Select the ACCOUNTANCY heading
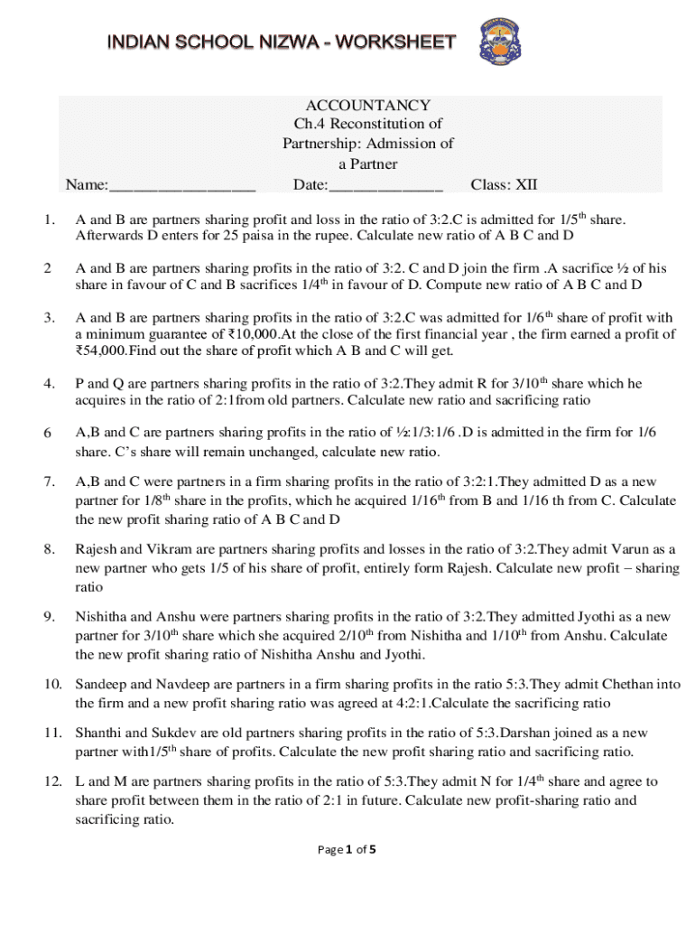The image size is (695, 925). point(367,105)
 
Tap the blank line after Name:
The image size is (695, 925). point(182,187)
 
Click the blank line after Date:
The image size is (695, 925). point(386,187)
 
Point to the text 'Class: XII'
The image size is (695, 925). point(504,185)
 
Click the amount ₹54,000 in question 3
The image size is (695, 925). point(103,350)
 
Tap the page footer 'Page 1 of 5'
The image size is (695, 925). point(348,849)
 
